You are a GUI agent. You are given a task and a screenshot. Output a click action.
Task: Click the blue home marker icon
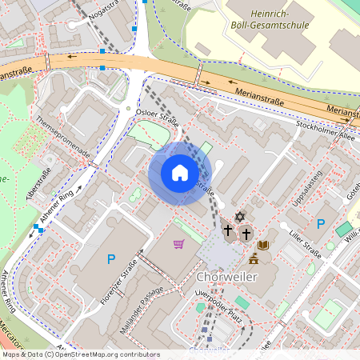(x=180, y=173)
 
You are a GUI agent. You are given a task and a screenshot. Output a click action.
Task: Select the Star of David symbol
(x=238, y=217)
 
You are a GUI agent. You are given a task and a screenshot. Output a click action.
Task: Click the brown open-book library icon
(x=264, y=246)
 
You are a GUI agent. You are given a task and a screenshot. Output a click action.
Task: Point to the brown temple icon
(x=254, y=258)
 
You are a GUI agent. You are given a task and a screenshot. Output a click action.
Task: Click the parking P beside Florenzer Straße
(x=111, y=258)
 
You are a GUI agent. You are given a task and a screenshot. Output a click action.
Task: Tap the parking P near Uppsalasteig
(x=321, y=224)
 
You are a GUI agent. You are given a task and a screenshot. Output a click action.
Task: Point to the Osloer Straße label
(x=158, y=118)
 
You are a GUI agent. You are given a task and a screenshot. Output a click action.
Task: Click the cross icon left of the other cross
(x=228, y=231)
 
